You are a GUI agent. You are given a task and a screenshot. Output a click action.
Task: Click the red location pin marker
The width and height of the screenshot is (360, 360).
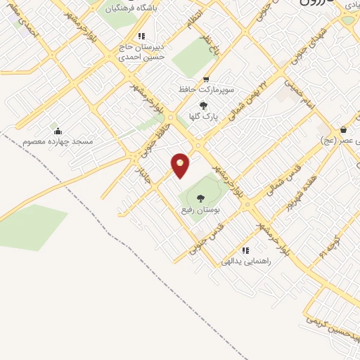(181, 165)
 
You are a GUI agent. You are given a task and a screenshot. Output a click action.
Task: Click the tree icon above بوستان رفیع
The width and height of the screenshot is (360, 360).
(201, 198)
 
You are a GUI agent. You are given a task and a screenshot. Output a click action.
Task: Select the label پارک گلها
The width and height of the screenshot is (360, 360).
(204, 116)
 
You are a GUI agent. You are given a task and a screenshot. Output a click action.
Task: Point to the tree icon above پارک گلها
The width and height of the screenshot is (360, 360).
(204, 105)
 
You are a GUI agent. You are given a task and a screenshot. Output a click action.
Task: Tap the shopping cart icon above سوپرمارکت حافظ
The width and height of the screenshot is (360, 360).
(206, 79)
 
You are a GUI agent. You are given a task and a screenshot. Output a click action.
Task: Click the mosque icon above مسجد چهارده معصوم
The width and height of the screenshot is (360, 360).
(58, 131)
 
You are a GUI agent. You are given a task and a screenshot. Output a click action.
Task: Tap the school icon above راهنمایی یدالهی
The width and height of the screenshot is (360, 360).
(245, 250)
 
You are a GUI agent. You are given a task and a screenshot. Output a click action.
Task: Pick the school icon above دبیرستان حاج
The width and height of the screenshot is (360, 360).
(141, 35)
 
